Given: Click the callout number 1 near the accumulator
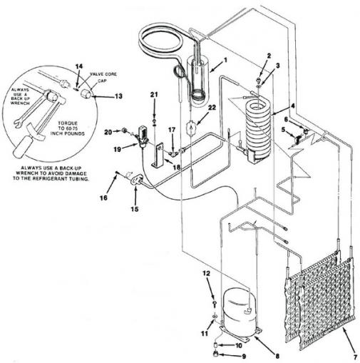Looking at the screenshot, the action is point(225,60).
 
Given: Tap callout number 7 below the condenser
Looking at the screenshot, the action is point(355,357).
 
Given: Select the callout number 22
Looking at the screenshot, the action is point(212,108).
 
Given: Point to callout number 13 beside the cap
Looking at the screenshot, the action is point(118,96).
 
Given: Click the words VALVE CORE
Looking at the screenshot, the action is point(103,74).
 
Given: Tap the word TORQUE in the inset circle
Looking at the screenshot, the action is point(68,123).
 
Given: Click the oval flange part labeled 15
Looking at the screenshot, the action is point(137,180).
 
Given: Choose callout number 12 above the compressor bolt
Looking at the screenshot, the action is point(207,274).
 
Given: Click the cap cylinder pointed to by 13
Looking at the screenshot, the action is point(86,93).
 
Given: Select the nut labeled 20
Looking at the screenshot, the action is point(123,131).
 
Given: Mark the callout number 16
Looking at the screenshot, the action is point(103,198).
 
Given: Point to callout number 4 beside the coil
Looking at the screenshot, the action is point(293,106).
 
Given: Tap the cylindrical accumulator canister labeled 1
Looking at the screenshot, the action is point(199,80).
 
